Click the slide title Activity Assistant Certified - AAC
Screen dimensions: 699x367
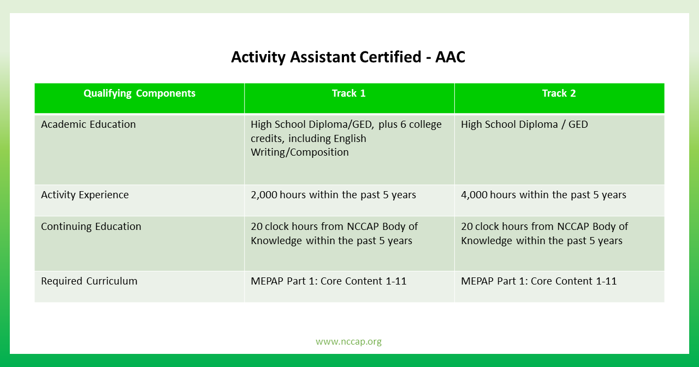coord(348,57)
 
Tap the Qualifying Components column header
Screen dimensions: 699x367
coord(139,93)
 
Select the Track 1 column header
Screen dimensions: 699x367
coord(348,93)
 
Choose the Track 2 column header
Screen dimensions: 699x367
coord(559,93)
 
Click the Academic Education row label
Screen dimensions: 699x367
coord(88,124)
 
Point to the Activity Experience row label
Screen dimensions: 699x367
coord(85,195)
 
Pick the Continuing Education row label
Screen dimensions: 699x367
coord(91,227)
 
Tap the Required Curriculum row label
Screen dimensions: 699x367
coord(89,281)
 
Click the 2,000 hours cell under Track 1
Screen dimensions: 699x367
coord(333,195)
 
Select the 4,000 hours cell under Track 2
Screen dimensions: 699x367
coord(543,195)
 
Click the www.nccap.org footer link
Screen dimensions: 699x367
coord(348,341)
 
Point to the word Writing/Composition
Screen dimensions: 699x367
coord(300,152)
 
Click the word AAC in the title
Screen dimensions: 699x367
coord(451,57)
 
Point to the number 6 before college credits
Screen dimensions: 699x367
coord(403,124)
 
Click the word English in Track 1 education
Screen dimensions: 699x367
coord(350,139)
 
